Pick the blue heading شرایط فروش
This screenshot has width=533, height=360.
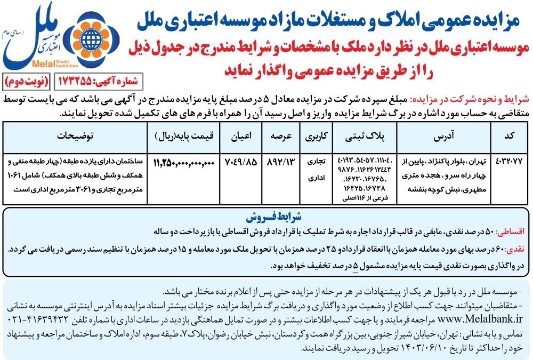coord(266,219)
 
